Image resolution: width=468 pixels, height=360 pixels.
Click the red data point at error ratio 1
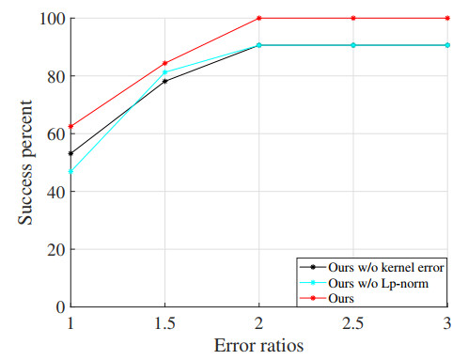point(70,126)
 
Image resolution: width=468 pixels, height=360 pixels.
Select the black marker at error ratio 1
point(70,153)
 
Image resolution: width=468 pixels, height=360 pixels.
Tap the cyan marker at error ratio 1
point(70,171)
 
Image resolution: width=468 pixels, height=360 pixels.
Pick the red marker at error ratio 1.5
point(165,63)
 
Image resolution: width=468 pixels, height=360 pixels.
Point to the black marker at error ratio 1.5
point(165,82)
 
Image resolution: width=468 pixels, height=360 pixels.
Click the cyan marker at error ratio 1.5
point(165,72)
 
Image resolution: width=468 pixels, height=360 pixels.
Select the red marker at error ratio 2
point(259,18)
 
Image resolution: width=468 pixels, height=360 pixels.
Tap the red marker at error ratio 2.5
point(353,18)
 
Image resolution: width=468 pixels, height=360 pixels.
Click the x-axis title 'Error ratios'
point(258,345)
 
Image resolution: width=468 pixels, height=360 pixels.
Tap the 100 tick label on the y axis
point(51,19)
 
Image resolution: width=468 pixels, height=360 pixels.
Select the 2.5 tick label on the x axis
point(353,322)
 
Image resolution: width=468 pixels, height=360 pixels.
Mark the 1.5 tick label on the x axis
point(165,322)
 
